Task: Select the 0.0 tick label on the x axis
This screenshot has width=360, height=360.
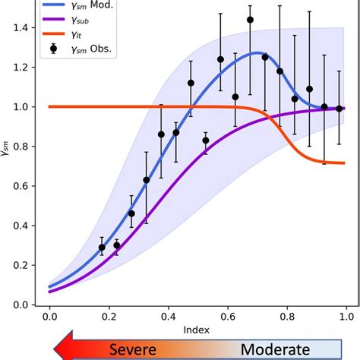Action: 49,314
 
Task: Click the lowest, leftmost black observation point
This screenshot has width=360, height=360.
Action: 102,247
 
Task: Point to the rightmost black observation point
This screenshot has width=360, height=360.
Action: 339,108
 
